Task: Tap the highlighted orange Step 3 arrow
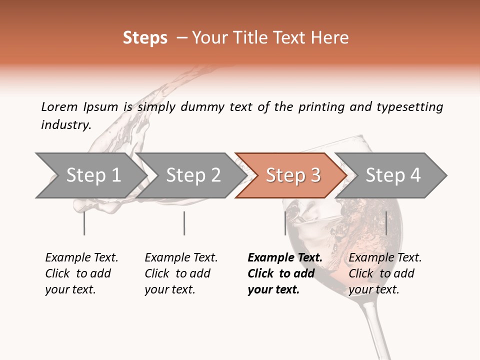point(292,175)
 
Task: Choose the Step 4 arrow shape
point(392,175)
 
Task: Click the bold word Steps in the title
point(145,38)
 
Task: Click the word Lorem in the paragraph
point(59,106)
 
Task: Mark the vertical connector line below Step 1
point(84,223)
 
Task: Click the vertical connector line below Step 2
point(184,223)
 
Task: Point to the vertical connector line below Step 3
point(285,223)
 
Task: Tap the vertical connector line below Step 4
point(386,223)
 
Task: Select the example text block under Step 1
point(81,273)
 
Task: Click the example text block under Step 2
point(180,273)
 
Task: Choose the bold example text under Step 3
point(284,273)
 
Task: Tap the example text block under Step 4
point(384,273)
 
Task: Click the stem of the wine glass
point(375,330)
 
